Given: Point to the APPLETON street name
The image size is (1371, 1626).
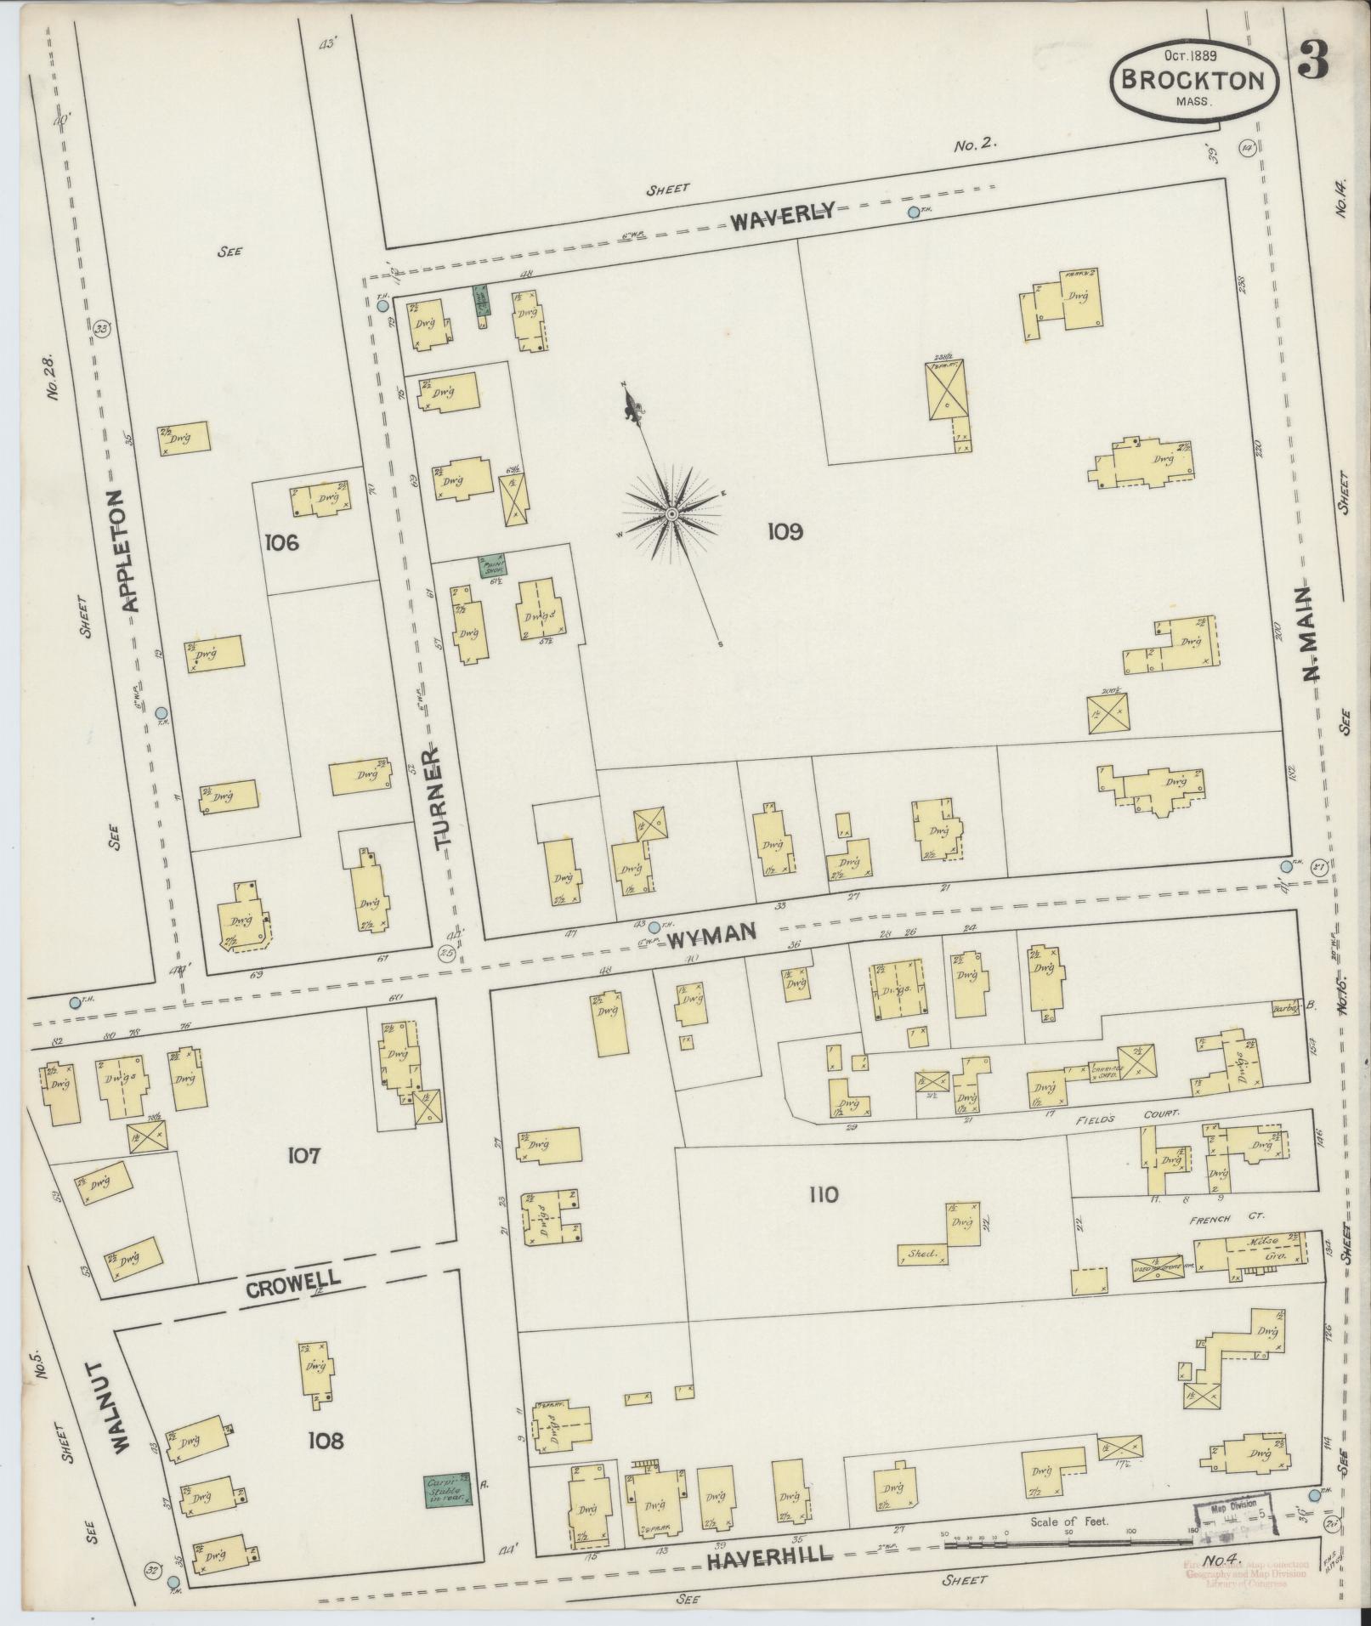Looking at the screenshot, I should (128, 551).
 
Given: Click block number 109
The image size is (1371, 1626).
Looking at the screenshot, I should (785, 532).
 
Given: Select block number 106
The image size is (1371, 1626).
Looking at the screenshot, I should (281, 541).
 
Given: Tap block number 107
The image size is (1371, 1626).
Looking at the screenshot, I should (302, 1157).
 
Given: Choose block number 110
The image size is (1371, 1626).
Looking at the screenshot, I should (823, 1195).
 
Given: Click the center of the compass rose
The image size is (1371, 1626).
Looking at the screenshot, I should (671, 514).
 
